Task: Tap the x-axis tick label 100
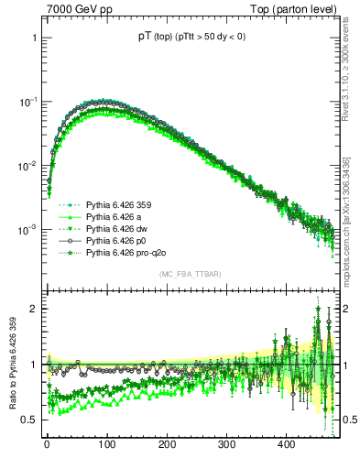pyautogui.click(x=106, y=445)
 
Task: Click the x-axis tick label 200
pyautogui.click(x=167, y=445)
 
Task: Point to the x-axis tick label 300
pyautogui.click(x=226, y=445)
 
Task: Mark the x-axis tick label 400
pyautogui.click(x=286, y=445)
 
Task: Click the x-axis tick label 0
pyautogui.click(x=47, y=445)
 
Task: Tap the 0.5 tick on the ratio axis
pyautogui.click(x=30, y=419)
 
